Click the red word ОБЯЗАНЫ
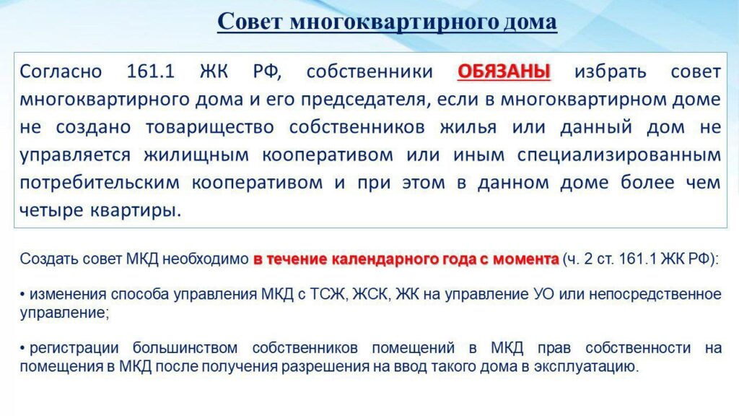pyautogui.click(x=504, y=71)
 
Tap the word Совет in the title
pyautogui.click(x=250, y=22)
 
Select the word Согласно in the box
pyautogui.click(x=61, y=71)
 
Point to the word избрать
pyautogui.click(x=611, y=71)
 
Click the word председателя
pyautogui.click(x=365, y=100)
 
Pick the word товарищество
pyautogui.click(x=210, y=127)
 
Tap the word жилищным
pyautogui.click(x=196, y=155)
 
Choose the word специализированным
pyautogui.click(x=619, y=155)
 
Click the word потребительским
pyautogui.click(x=100, y=183)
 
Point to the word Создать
pyautogui.click(x=49, y=259)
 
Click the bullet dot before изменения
pyautogui.click(x=22, y=295)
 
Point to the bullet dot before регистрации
pyautogui.click(x=22, y=349)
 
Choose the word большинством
pyautogui.click(x=185, y=348)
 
